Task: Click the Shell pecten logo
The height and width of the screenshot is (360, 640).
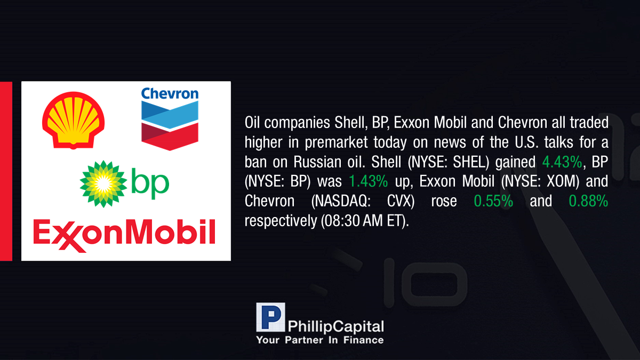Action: [74, 121]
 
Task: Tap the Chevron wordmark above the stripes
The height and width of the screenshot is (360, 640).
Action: [170, 93]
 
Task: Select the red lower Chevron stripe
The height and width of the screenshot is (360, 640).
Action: [170, 137]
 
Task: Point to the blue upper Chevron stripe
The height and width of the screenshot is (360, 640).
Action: [170, 115]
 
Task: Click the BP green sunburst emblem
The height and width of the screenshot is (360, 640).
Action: [103, 183]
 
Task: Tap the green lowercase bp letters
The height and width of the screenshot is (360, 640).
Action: [150, 183]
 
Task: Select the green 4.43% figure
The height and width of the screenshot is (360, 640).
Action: [562, 162]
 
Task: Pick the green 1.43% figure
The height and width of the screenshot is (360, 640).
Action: [369, 181]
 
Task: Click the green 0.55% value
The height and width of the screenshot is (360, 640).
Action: [493, 201]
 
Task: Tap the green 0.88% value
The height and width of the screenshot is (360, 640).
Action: [588, 201]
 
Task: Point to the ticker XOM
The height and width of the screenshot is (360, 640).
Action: [561, 181]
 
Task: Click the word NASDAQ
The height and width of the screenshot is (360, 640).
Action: [341, 201]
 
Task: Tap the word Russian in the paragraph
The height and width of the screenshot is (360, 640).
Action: [317, 162]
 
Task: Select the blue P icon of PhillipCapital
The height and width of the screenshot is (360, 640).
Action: [270, 317]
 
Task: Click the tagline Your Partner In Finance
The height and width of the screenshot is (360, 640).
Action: [319, 340]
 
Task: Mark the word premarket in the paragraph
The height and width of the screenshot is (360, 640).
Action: [337, 142]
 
